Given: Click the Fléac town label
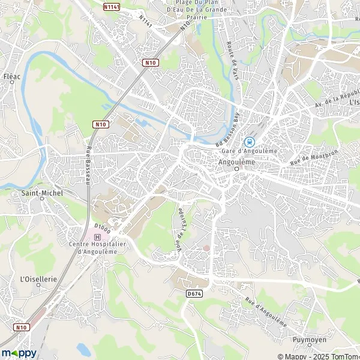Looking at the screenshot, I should pos(11,77).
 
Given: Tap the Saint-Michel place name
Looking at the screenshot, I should pos(41,193).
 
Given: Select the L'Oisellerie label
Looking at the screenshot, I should pos(38,278).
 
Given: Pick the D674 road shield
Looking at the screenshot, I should pos(193,293).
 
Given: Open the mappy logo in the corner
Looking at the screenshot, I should pos(19,352).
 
